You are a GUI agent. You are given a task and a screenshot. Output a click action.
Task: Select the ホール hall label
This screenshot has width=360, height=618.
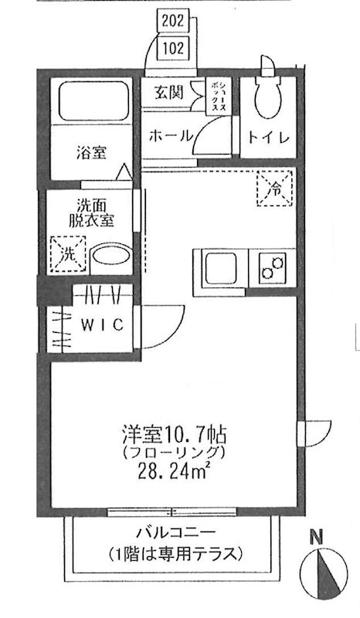coord(169,135)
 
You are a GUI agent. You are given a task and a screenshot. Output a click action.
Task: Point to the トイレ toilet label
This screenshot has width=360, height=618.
coord(268,138)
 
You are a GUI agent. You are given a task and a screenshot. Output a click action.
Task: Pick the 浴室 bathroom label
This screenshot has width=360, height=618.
coord(90,152)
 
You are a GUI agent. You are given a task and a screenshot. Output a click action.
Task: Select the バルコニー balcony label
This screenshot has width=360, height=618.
coord(175,532)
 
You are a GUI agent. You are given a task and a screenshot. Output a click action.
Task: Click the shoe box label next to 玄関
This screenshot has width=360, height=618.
coord(219,97)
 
